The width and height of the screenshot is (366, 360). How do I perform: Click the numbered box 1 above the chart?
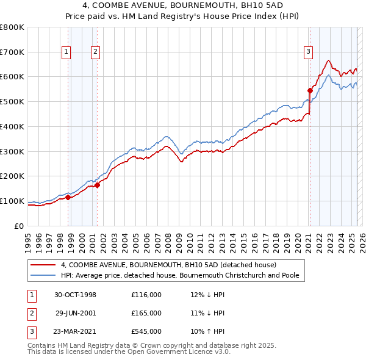point(66,52)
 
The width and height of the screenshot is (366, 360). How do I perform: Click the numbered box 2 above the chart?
point(96,52)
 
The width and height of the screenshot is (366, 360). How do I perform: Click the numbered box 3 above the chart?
point(309,52)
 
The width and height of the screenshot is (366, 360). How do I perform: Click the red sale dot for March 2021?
point(310,90)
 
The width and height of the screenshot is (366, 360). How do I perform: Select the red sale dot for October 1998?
point(68,196)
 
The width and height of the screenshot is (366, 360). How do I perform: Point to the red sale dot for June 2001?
point(98,185)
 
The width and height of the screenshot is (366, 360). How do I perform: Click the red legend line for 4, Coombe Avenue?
point(43,265)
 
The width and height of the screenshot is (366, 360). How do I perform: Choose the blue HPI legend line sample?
point(43,275)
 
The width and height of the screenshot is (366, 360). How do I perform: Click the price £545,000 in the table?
point(146,331)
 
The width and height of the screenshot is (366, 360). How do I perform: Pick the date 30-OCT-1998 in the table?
point(75,295)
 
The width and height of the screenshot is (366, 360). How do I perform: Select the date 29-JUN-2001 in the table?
point(75,313)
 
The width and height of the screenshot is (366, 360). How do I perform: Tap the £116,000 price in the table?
point(146,295)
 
